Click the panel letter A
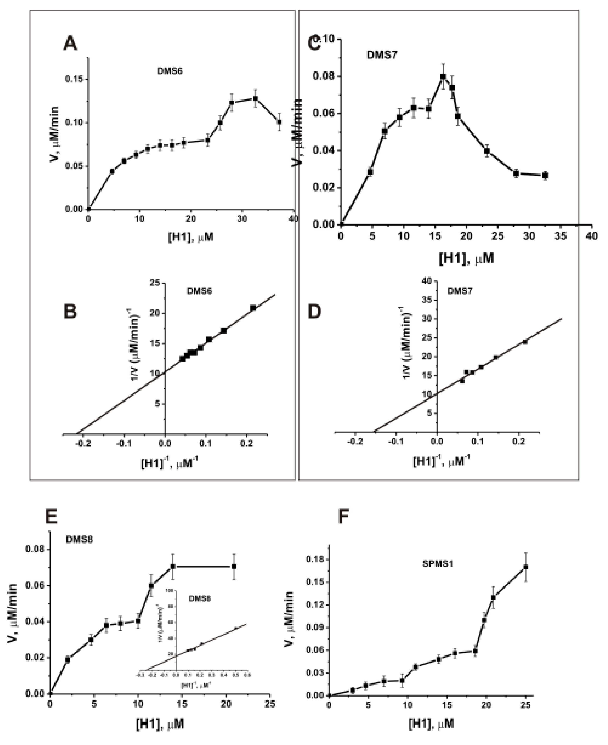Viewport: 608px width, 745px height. tap(70, 44)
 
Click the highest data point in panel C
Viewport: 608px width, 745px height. tap(443, 76)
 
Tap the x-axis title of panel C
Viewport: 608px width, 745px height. tap(466, 258)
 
